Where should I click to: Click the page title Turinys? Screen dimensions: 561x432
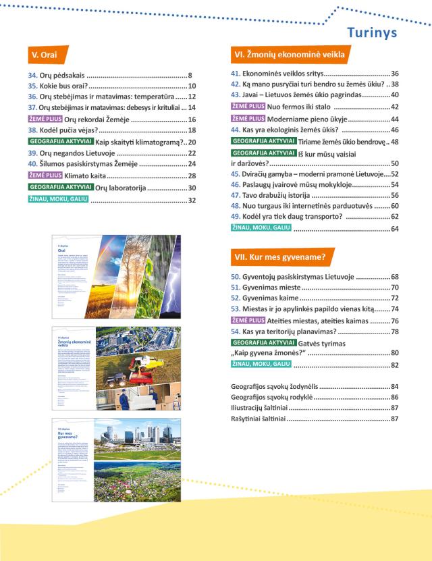click(372, 32)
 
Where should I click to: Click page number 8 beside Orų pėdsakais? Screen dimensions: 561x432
click(191, 76)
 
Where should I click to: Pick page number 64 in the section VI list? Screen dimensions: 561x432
click(395, 230)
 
